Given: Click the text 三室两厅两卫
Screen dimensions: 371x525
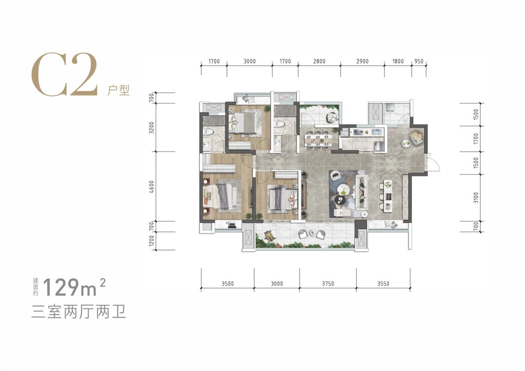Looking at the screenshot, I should click(x=78, y=312).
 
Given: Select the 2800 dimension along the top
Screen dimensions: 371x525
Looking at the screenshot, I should click(x=319, y=61).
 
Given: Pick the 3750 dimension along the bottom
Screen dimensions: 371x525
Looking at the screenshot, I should click(x=328, y=284).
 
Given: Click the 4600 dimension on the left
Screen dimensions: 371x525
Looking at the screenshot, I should click(x=152, y=187).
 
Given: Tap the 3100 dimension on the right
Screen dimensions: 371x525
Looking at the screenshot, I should click(x=476, y=197).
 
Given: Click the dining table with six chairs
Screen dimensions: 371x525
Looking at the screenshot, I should click(x=318, y=140).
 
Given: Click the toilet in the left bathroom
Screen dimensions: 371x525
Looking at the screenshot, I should click(x=208, y=132).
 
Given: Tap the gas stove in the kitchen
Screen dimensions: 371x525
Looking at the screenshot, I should click(x=357, y=132).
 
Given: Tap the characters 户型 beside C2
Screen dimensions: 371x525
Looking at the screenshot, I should click(x=118, y=90).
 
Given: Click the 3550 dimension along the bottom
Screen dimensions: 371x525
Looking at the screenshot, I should click(x=383, y=284).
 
